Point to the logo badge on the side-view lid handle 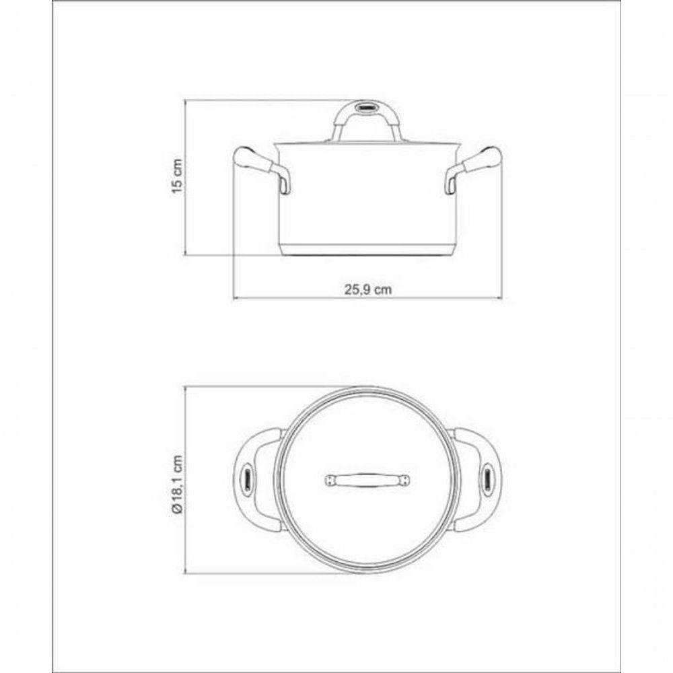367,107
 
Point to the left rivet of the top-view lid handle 330,479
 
